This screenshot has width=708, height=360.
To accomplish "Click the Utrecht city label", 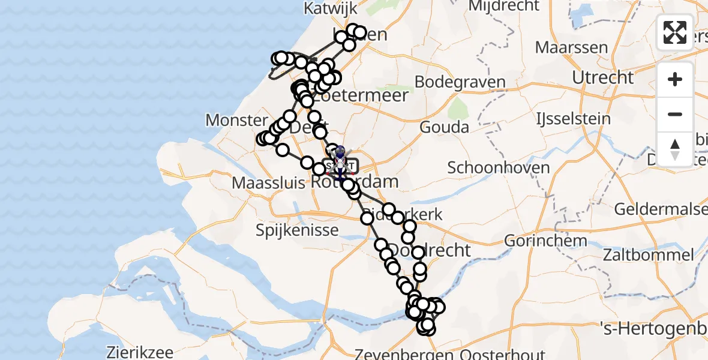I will [602, 77].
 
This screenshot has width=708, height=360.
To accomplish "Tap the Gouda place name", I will [444, 127].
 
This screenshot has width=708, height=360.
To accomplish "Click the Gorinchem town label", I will [545, 241].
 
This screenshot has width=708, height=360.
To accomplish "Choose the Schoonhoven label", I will [498, 167].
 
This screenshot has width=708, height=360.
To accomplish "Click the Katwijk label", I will [330, 8].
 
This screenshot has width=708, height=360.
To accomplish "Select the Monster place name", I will [236, 121].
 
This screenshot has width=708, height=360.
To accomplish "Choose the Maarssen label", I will [571, 47].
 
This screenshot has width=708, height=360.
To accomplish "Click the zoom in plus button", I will [675, 79].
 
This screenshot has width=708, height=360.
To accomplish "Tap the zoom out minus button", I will [675, 114].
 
